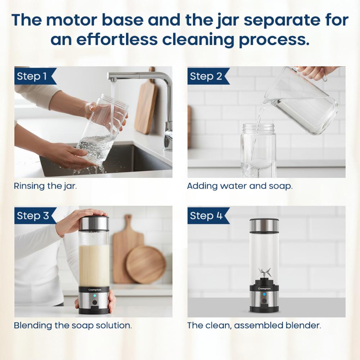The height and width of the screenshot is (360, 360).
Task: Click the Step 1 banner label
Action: point(32,76)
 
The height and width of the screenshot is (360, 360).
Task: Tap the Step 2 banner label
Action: point(206,76)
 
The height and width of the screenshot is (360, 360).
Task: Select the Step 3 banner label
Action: point(33,216)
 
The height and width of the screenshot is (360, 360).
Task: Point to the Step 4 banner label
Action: point(206,216)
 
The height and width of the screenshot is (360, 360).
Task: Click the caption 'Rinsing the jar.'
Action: point(45,186)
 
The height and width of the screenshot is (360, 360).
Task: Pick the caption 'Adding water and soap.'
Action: point(240,186)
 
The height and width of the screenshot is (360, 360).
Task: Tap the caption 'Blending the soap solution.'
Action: point(73,325)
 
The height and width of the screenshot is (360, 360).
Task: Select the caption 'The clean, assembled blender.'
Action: point(254,325)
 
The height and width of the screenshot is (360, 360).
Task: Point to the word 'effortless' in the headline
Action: point(117,40)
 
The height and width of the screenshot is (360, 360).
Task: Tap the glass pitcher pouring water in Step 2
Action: point(301,101)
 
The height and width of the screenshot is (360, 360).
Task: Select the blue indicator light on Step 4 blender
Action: point(264,294)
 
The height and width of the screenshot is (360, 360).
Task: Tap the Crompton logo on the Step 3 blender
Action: point(95,290)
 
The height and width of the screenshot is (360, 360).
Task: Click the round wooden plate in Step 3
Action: point(146,264)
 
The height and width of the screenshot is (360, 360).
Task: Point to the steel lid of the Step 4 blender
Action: point(264,225)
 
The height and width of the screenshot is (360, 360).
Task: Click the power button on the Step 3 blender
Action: point(95,302)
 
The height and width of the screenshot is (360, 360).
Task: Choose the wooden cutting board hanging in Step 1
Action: point(146,101)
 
